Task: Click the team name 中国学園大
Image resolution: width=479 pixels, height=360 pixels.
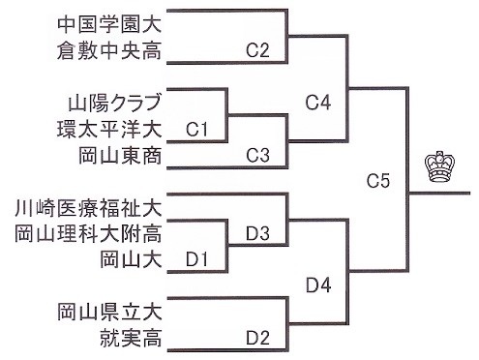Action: tap(109, 25)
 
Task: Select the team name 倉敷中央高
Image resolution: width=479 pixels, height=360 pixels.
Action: tap(109, 51)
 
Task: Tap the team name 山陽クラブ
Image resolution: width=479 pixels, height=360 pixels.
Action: tap(114, 103)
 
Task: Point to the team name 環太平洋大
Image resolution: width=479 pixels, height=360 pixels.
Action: tap(109, 129)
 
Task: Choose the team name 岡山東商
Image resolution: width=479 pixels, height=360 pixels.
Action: tap(120, 156)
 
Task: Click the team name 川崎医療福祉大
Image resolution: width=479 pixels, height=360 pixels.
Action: tap(88, 208)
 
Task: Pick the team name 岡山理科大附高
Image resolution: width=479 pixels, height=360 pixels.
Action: tap(88, 233)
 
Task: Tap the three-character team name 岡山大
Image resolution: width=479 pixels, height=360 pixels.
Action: tap(131, 259)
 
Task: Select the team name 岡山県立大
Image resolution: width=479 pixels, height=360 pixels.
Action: tap(109, 312)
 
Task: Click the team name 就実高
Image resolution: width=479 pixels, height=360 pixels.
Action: tap(131, 338)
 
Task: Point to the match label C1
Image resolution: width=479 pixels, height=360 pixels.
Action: tap(196, 130)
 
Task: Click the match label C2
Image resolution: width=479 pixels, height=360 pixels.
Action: tap(257, 50)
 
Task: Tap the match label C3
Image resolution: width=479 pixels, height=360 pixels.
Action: tap(257, 155)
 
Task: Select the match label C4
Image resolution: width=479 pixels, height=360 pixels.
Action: tap(318, 103)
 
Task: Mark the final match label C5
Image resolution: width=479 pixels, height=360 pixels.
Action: tap(378, 181)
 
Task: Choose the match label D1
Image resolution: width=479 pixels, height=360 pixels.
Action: tap(196, 259)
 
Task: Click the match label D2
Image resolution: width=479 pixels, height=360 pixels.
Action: tap(257, 338)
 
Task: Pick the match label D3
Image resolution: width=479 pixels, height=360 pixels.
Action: tap(257, 233)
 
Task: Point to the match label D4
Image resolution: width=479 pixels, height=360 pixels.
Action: tap(318, 285)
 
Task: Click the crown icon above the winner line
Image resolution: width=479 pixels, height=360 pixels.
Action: tap(439, 166)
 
